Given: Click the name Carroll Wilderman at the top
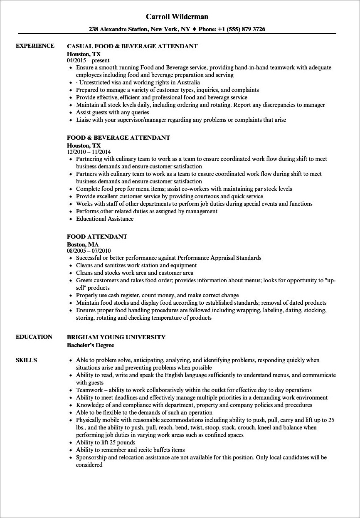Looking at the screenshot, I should [177, 17].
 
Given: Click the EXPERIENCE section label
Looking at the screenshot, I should [35, 46].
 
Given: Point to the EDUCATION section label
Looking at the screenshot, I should [34, 337].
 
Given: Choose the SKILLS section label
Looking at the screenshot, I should [26, 360].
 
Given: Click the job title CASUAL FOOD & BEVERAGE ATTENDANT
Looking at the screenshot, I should [132, 46].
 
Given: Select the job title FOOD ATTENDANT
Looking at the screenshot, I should [97, 237].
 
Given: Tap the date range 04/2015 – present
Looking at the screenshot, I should [88, 60].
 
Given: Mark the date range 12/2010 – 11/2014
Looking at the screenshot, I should [91, 152].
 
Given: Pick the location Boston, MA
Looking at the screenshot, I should [83, 244].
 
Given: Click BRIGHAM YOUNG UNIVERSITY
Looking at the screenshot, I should [116, 337].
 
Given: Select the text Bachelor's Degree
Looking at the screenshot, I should [90, 345].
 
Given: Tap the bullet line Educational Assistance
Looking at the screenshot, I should [105, 219].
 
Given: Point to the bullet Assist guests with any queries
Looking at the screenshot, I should [112, 112].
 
